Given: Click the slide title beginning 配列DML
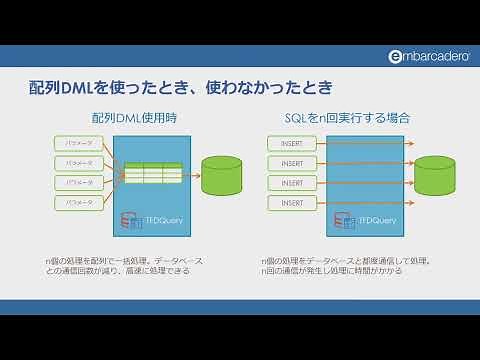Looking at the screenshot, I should click(179, 88).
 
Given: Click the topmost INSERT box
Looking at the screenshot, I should click(292, 143).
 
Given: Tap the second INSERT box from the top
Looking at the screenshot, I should click(292, 163).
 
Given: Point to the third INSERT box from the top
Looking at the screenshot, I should click(292, 183).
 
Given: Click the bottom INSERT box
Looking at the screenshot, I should click(292, 203).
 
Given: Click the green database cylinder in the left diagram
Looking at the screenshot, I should click(220, 175).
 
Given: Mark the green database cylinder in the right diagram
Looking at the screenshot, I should click(434, 175).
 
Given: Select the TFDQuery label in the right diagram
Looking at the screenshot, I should click(377, 220).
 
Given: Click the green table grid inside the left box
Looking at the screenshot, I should click(151, 173).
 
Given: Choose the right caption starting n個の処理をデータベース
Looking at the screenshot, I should click(345, 266).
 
